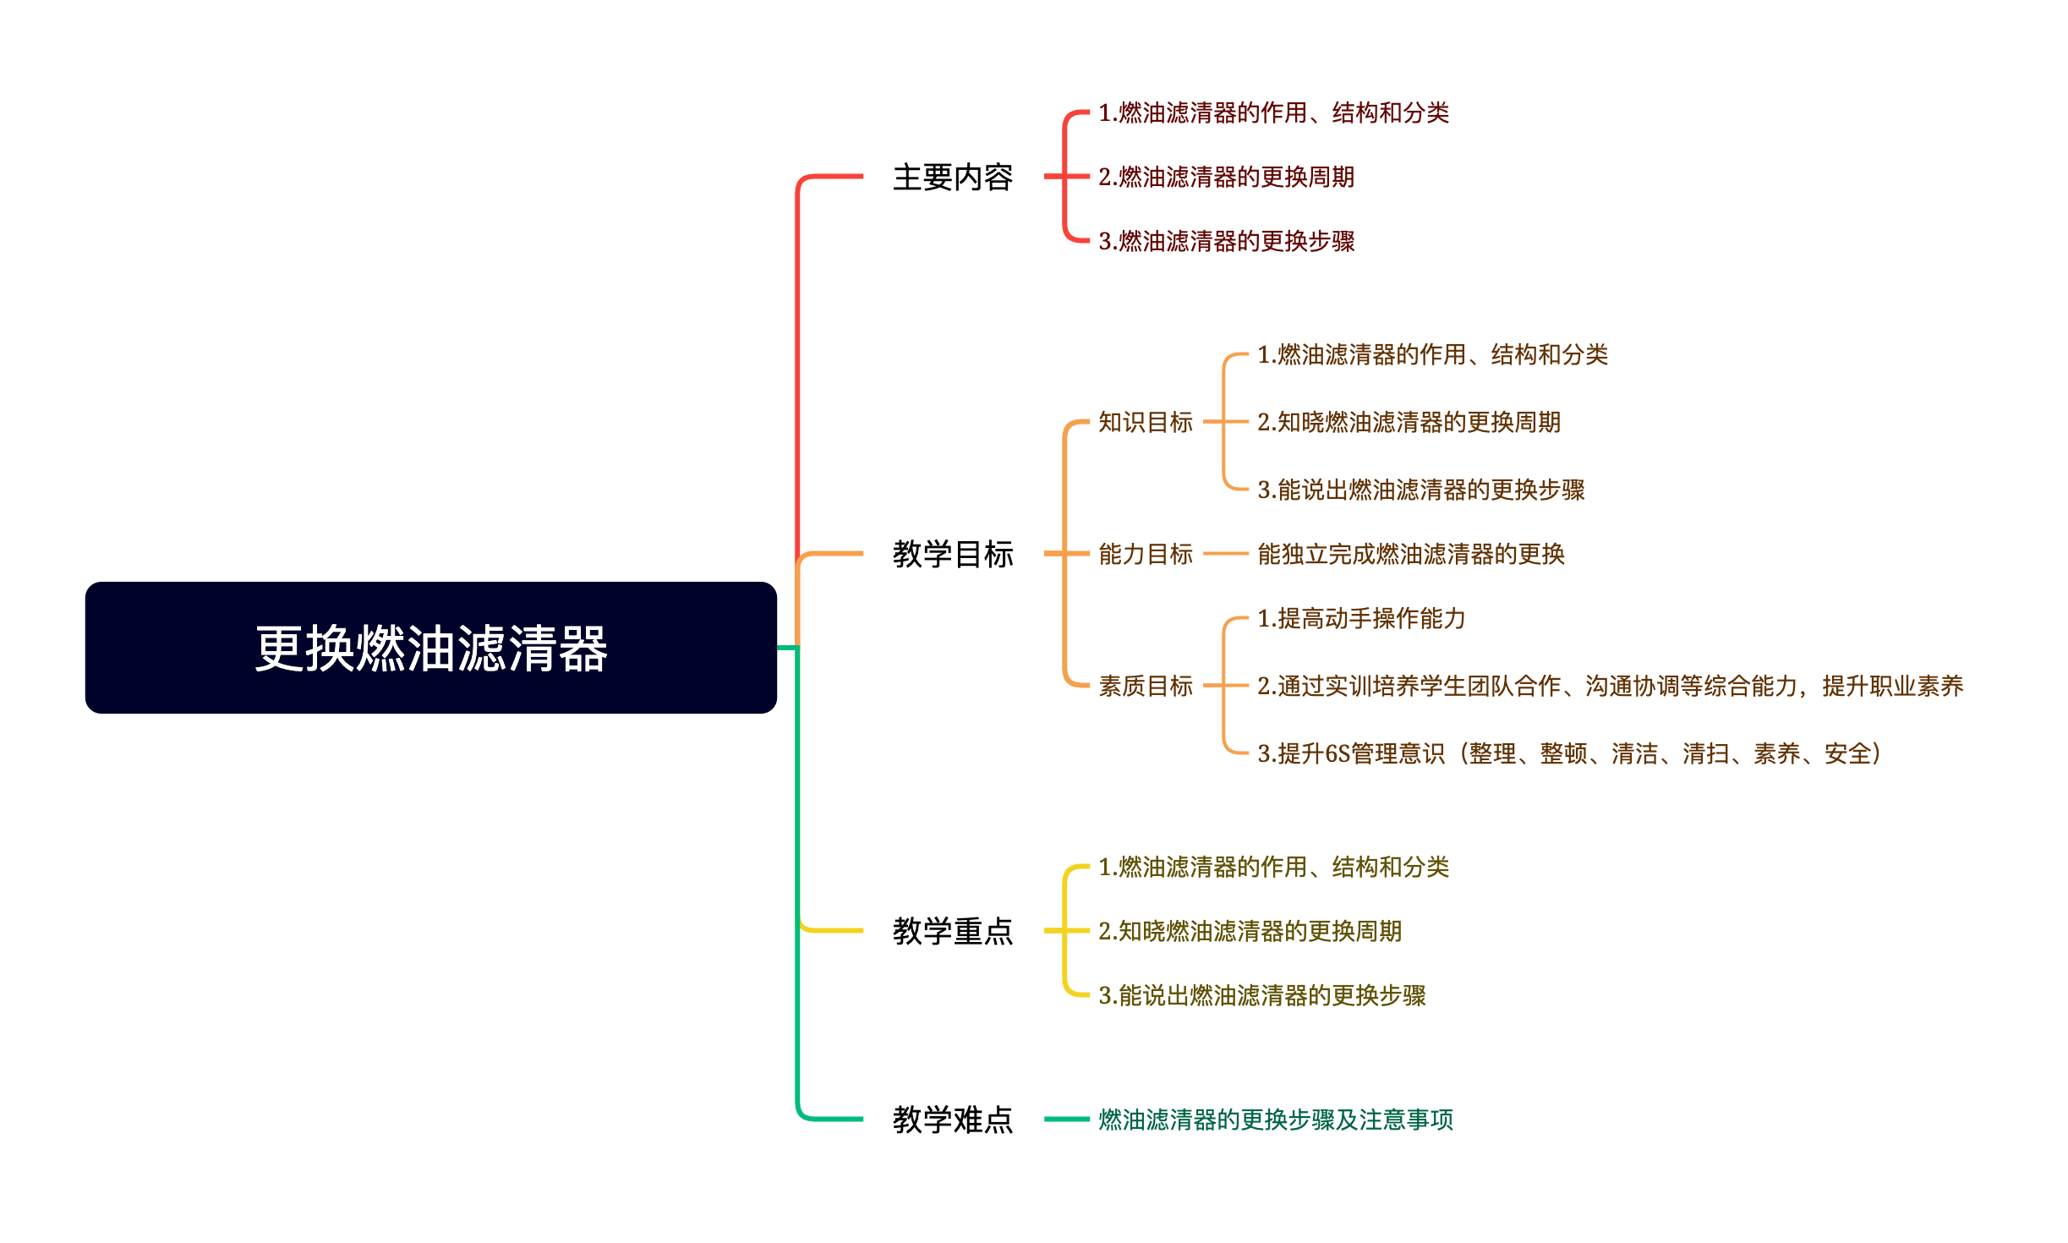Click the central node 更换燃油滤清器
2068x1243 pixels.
(430, 648)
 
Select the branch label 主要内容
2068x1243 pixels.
(953, 178)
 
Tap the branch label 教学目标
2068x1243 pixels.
(953, 555)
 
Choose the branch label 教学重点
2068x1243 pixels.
(953, 931)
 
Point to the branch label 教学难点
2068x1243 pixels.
(953, 1120)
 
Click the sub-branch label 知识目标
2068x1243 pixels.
(1145, 422)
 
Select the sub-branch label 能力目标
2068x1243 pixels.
(1145, 555)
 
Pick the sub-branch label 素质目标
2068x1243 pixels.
(1145, 686)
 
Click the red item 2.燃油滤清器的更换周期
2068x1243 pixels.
(1226, 177)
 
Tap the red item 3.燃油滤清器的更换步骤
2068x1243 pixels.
(1226, 241)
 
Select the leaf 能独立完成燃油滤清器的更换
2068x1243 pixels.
(1410, 555)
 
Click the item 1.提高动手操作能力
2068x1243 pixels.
(1361, 619)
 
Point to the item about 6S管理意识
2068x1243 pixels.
(1568, 753)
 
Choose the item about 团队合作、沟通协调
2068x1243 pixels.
(1610, 686)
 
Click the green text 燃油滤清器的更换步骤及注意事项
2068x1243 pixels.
(1275, 1120)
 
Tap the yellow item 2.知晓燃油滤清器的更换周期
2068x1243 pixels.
(1250, 931)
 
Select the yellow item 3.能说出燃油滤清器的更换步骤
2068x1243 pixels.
(1261, 995)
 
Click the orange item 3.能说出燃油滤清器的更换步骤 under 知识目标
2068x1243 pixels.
(1420, 490)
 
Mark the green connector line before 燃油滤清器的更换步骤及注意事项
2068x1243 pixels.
(1066, 1120)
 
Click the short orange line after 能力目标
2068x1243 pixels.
(1225, 554)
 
